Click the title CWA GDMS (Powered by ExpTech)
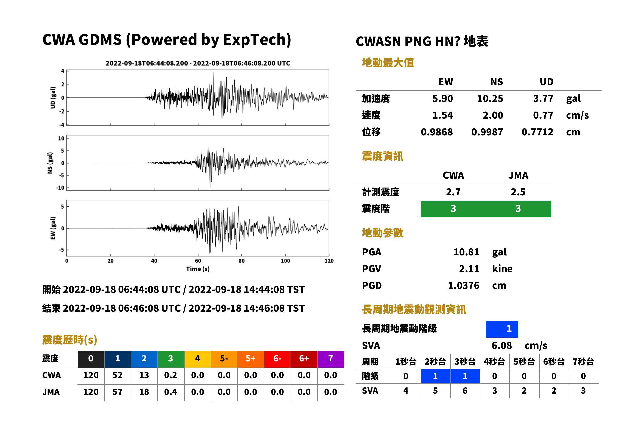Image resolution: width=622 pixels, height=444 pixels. [x=166, y=40]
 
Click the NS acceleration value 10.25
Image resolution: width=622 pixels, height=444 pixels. [x=490, y=99]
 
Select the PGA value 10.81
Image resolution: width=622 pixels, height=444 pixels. [x=466, y=252]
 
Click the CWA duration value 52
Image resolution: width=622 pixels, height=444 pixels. [x=117, y=375]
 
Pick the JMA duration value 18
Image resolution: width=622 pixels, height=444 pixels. [x=144, y=392]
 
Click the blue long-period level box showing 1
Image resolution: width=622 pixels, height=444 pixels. [x=502, y=329]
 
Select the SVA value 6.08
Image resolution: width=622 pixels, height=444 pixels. [x=502, y=346]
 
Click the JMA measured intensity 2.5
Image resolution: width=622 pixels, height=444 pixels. [x=518, y=192]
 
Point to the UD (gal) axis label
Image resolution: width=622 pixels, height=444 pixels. [x=53, y=98]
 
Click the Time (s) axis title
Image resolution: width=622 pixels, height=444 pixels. [x=198, y=269]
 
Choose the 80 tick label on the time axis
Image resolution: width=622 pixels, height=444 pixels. [x=241, y=261]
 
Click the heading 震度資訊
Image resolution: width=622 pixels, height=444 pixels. [x=382, y=156]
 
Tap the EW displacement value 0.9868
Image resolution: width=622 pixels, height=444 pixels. [x=437, y=132]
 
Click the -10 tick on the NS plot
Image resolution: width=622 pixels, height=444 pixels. [x=60, y=188]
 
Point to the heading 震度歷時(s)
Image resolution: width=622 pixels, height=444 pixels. [x=70, y=340]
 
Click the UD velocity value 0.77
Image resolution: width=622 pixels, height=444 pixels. [x=543, y=115]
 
